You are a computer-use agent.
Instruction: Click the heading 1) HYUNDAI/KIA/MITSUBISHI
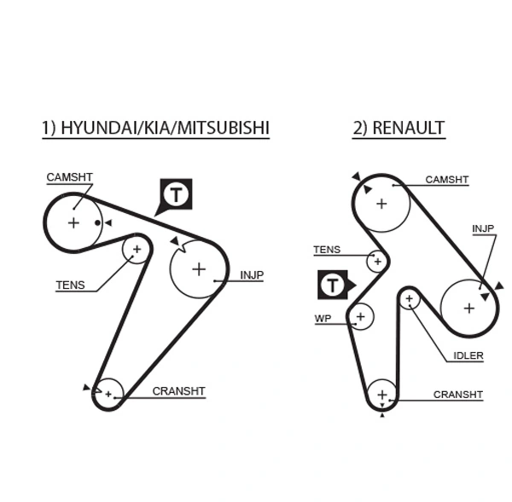pos(155,128)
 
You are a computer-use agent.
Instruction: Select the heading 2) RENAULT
pos(398,128)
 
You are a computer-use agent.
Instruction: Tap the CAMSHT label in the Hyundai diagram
pos(69,177)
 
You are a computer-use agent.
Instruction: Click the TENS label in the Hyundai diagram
pos(70,286)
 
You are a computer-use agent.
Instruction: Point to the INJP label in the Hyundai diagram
pos(252,275)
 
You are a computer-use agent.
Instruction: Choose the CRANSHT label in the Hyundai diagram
pos(178,391)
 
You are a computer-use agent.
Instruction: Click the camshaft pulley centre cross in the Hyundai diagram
pos(73,222)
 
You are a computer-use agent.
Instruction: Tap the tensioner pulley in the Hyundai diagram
pos(137,249)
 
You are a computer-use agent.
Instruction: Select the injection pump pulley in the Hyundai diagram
pos(198,269)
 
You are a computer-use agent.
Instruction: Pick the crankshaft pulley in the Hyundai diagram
pos(108,394)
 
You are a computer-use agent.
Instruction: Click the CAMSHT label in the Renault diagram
pos(447,180)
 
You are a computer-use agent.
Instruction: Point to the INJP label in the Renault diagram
pos(483,228)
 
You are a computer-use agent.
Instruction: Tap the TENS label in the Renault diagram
pos(326,250)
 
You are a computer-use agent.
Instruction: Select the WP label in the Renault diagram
pos(323,318)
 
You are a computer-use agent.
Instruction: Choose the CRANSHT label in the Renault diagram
pos(458,395)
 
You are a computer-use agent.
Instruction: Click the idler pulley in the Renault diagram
pos(410,299)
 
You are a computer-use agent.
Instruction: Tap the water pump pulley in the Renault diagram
pos(360,316)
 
